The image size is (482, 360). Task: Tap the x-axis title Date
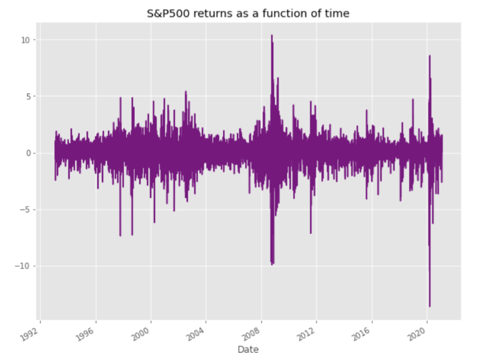pyautogui.click(x=248, y=349)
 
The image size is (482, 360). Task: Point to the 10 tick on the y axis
pyautogui.click(x=26, y=40)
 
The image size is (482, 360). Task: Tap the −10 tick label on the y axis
pyautogui.click(x=24, y=266)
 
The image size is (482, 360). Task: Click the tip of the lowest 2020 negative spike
pyautogui.click(x=429, y=306)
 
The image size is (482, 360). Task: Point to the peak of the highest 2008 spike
pyautogui.click(x=272, y=35)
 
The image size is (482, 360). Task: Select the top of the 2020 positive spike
pyautogui.click(x=429, y=55)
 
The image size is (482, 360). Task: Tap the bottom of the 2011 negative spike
pyautogui.click(x=311, y=233)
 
